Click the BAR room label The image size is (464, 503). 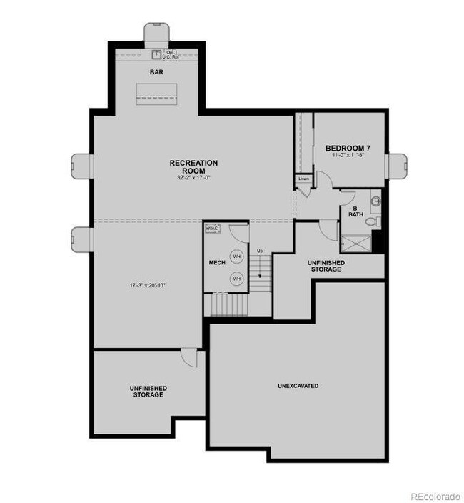pos(157,73)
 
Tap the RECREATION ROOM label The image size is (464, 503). pos(193,167)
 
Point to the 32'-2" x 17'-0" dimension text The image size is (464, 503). pos(193,179)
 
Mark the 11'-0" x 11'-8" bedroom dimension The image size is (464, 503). pos(348,155)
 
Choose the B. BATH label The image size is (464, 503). pos(355,211)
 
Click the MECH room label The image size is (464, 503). pos(217,263)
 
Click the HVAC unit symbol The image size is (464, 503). pos(213,229)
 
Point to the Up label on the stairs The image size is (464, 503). pos(260,251)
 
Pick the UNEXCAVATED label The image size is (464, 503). pos(298,386)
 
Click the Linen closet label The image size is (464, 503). pos(303,179)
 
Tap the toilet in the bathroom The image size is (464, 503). pos(370,221)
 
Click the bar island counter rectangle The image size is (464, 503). pos(157,93)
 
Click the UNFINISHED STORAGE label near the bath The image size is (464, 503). pos(325,266)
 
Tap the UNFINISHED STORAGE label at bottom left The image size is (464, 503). pos(148,392)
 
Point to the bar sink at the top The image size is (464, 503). pos(157,51)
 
